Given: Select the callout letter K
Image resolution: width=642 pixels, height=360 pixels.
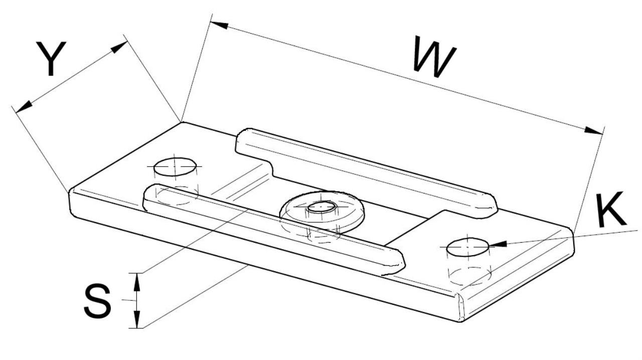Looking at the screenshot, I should [610, 210].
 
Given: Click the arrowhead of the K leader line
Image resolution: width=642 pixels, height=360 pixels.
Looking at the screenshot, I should [498, 244].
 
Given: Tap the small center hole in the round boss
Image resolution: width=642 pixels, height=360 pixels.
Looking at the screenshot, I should [322, 206].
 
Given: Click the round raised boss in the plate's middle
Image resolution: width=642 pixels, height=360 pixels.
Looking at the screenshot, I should [322, 211].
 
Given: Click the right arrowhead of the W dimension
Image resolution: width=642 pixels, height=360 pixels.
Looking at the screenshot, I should [595, 131].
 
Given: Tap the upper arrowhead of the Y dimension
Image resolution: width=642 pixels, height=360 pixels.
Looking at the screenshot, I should [119, 47].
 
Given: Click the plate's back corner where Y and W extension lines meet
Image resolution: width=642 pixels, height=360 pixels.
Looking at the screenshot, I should [182, 122].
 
